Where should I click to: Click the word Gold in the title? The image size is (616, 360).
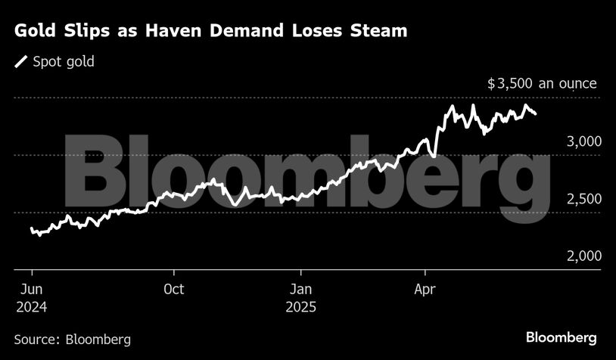[35, 31]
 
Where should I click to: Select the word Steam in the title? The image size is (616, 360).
[379, 31]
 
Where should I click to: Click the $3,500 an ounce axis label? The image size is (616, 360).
[542, 84]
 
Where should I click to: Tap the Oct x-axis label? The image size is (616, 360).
[174, 290]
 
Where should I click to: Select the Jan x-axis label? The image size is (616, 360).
[300, 290]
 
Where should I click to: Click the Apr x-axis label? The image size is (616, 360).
[425, 290]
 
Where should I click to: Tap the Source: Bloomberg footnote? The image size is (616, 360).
[73, 339]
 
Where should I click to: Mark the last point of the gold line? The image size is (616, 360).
[536, 114]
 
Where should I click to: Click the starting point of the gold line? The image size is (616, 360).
[32, 228]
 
